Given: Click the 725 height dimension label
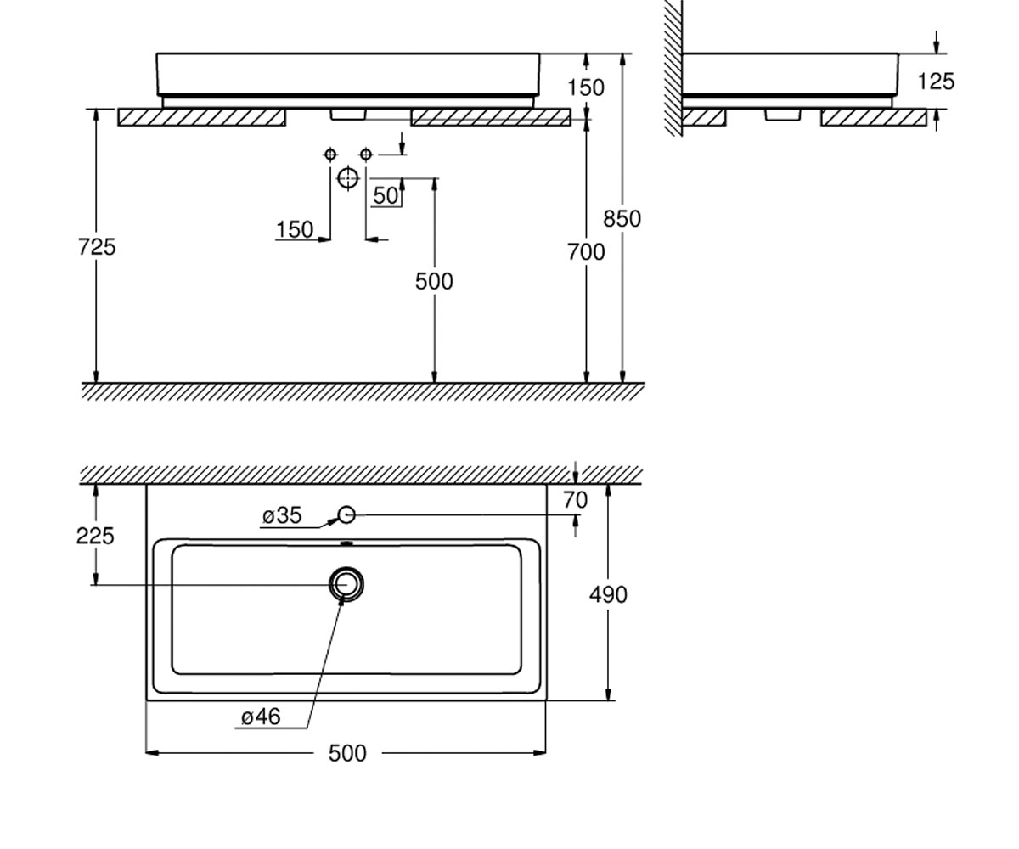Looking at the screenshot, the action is point(97,247).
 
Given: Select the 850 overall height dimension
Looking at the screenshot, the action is point(622,218).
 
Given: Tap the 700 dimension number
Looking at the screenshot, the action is point(586,252).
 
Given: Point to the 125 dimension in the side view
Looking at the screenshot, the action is point(936,82).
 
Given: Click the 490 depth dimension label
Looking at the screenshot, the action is point(608,595).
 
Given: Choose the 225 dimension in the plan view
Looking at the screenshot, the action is point(95,536).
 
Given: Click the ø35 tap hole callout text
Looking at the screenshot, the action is point(282,515).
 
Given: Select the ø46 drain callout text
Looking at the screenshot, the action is point(261,717).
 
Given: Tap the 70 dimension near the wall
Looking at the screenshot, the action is point(576,500).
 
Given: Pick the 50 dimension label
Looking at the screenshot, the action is point(386,196).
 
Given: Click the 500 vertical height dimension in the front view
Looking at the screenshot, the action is point(434,282).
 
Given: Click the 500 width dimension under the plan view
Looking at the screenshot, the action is point(347,753).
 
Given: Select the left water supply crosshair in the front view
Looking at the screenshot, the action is point(330,155).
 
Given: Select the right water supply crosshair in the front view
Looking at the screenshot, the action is point(365,155).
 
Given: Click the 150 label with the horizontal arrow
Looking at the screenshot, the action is point(295,230).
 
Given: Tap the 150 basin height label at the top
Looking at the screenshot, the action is point(586,87).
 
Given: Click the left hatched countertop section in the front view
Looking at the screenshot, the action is point(201,117).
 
